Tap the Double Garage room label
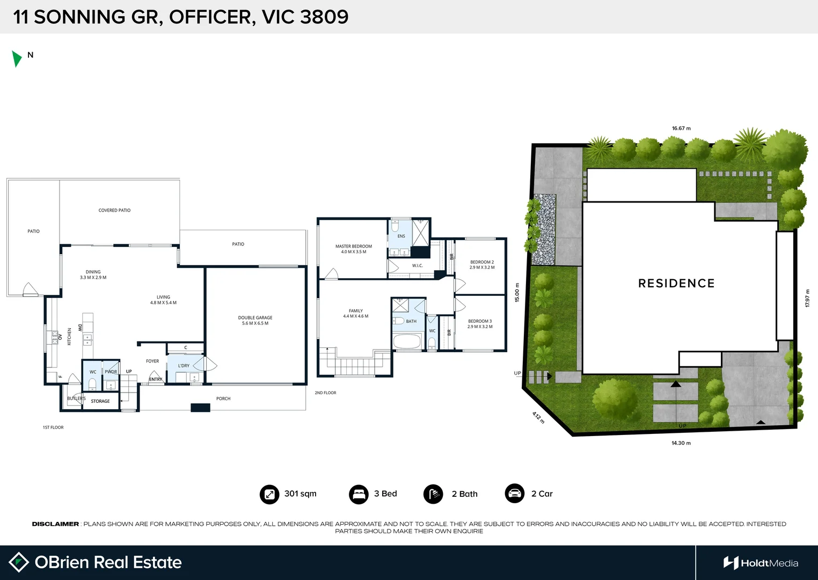coord(255,321)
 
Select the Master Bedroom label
coord(354,249)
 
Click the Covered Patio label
coord(114,211)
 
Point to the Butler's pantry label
coord(76,398)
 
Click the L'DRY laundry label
coord(184,366)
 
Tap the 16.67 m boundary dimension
coord(681,128)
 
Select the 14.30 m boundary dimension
coord(681,443)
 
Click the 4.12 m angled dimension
coord(538,417)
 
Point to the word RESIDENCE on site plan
coord(676,284)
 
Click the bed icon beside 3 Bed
coord(358,494)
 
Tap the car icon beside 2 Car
coord(514,494)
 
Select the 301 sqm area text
coord(300,494)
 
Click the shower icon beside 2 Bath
coord(433,494)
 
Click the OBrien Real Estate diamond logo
coord(19,562)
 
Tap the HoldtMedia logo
coord(761,563)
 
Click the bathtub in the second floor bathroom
coord(407,342)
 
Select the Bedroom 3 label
coord(480,324)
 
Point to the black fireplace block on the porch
coord(200,408)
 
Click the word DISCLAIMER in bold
coord(55,524)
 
